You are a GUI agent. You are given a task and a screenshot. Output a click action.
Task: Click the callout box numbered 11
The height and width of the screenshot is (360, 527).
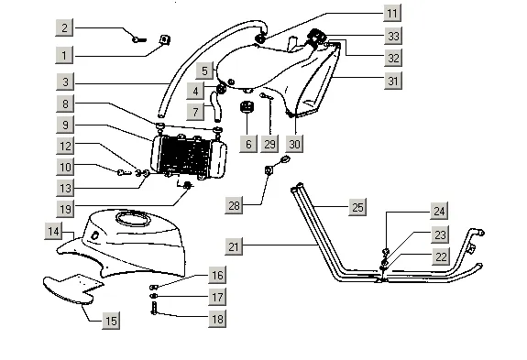392,13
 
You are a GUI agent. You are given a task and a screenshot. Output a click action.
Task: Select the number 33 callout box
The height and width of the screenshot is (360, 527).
393,36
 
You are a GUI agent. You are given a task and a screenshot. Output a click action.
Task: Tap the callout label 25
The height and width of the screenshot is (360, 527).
357,207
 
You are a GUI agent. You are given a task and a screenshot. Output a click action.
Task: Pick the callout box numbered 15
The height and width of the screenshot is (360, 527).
111,321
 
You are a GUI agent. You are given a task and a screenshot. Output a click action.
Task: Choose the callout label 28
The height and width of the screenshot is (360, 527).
234,205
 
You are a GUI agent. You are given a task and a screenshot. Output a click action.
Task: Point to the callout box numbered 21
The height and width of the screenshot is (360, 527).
234,246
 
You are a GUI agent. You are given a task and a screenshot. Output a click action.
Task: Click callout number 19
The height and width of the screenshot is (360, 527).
65,209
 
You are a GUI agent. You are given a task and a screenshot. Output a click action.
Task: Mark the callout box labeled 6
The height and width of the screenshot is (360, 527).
248,144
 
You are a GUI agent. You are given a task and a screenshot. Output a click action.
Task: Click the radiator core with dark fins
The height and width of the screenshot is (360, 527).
185,156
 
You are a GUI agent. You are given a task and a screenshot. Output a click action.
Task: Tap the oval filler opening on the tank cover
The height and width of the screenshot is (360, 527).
133,219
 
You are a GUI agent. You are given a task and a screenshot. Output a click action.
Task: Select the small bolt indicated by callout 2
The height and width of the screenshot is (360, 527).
138,39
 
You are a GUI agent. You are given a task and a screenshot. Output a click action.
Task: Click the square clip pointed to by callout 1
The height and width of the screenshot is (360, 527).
164,39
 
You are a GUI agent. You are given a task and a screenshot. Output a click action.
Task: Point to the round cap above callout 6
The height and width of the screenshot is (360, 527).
247,107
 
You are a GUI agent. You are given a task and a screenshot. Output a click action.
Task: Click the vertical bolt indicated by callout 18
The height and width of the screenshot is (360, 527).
154,309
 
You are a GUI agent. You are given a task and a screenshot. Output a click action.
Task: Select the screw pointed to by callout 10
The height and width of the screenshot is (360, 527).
124,172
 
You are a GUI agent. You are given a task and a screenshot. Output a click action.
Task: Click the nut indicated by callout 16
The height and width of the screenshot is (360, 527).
154,287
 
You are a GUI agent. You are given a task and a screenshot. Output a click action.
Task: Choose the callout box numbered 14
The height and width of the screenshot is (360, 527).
53,232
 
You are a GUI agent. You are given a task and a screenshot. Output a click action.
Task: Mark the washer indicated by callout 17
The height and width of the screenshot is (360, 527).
153,296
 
